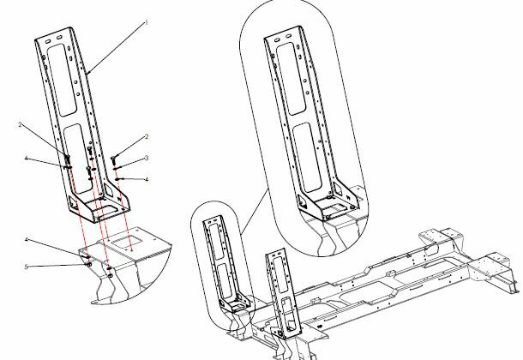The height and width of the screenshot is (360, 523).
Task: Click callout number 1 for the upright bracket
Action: pos(146,22)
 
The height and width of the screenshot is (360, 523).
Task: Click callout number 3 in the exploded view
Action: pos(147,158)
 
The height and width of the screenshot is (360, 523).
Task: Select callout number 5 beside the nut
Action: pos(27,267)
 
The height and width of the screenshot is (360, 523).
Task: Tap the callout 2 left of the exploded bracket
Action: pos(21,124)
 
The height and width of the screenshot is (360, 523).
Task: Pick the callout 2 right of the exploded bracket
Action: pos(146,136)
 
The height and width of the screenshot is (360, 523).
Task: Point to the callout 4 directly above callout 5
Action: pos(27,240)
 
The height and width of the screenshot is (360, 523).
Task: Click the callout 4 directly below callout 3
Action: pos(147,179)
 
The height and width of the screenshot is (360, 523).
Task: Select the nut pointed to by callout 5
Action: pos(89,264)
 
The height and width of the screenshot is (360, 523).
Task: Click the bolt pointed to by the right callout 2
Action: pos(113,159)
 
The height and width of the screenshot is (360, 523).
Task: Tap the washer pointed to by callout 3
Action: pos(116,169)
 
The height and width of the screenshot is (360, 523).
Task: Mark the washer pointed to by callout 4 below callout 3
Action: pos(117,179)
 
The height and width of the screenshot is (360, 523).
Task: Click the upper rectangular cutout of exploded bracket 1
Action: pos(62,80)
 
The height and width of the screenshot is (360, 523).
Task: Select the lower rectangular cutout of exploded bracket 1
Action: pos(78,158)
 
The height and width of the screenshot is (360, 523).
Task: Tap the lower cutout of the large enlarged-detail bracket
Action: pos(307,157)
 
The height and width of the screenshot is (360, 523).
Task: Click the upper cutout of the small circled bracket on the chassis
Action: pos(216,240)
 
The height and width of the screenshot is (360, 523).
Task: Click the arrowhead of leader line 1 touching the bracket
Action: pos(86,74)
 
